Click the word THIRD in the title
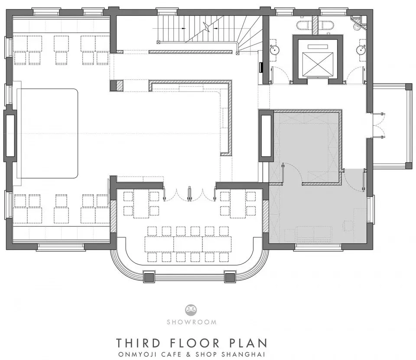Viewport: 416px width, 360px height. (x=139, y=343)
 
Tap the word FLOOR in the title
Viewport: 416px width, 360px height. (x=194, y=343)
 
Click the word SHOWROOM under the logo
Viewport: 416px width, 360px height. (x=192, y=322)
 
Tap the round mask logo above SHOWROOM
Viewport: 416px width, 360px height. (x=191, y=310)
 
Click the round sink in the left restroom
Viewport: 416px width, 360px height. (x=275, y=49)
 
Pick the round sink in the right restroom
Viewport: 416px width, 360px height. (x=361, y=49)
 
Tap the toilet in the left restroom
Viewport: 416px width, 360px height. (x=303, y=25)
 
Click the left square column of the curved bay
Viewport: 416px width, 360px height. (x=149, y=277)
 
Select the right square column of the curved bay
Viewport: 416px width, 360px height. (x=230, y=277)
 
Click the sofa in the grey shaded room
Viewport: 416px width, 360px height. (x=314, y=232)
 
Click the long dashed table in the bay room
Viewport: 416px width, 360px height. (x=188, y=244)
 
